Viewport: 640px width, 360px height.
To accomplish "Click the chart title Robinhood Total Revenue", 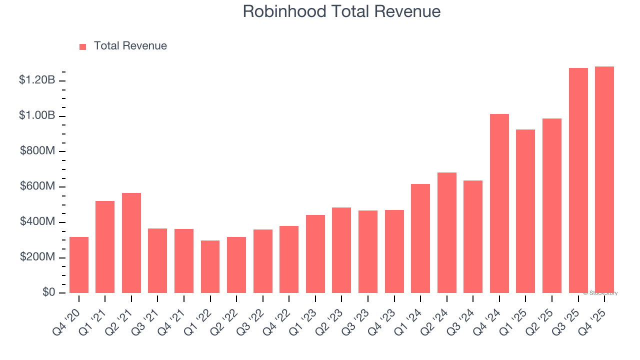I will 341,11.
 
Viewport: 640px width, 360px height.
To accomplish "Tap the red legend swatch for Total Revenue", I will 83,46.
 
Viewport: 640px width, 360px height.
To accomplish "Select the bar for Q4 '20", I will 79,265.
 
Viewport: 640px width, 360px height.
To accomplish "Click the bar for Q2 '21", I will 131,243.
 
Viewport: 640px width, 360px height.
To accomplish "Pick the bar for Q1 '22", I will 210,266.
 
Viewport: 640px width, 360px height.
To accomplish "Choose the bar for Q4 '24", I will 499,203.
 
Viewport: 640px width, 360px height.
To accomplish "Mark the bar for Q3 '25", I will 578,180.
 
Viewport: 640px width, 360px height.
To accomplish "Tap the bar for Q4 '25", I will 604,179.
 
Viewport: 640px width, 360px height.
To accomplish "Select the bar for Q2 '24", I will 446,232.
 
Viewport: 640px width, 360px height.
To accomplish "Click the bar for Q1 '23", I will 315,254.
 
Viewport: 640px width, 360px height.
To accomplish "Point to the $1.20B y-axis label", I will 37,80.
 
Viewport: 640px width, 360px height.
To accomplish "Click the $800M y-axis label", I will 37,151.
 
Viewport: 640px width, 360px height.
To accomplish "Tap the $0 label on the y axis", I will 48,292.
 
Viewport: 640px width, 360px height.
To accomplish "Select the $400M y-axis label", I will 37,221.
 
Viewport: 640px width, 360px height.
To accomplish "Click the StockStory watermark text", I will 600,293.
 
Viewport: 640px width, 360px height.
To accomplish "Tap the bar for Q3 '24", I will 472,236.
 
